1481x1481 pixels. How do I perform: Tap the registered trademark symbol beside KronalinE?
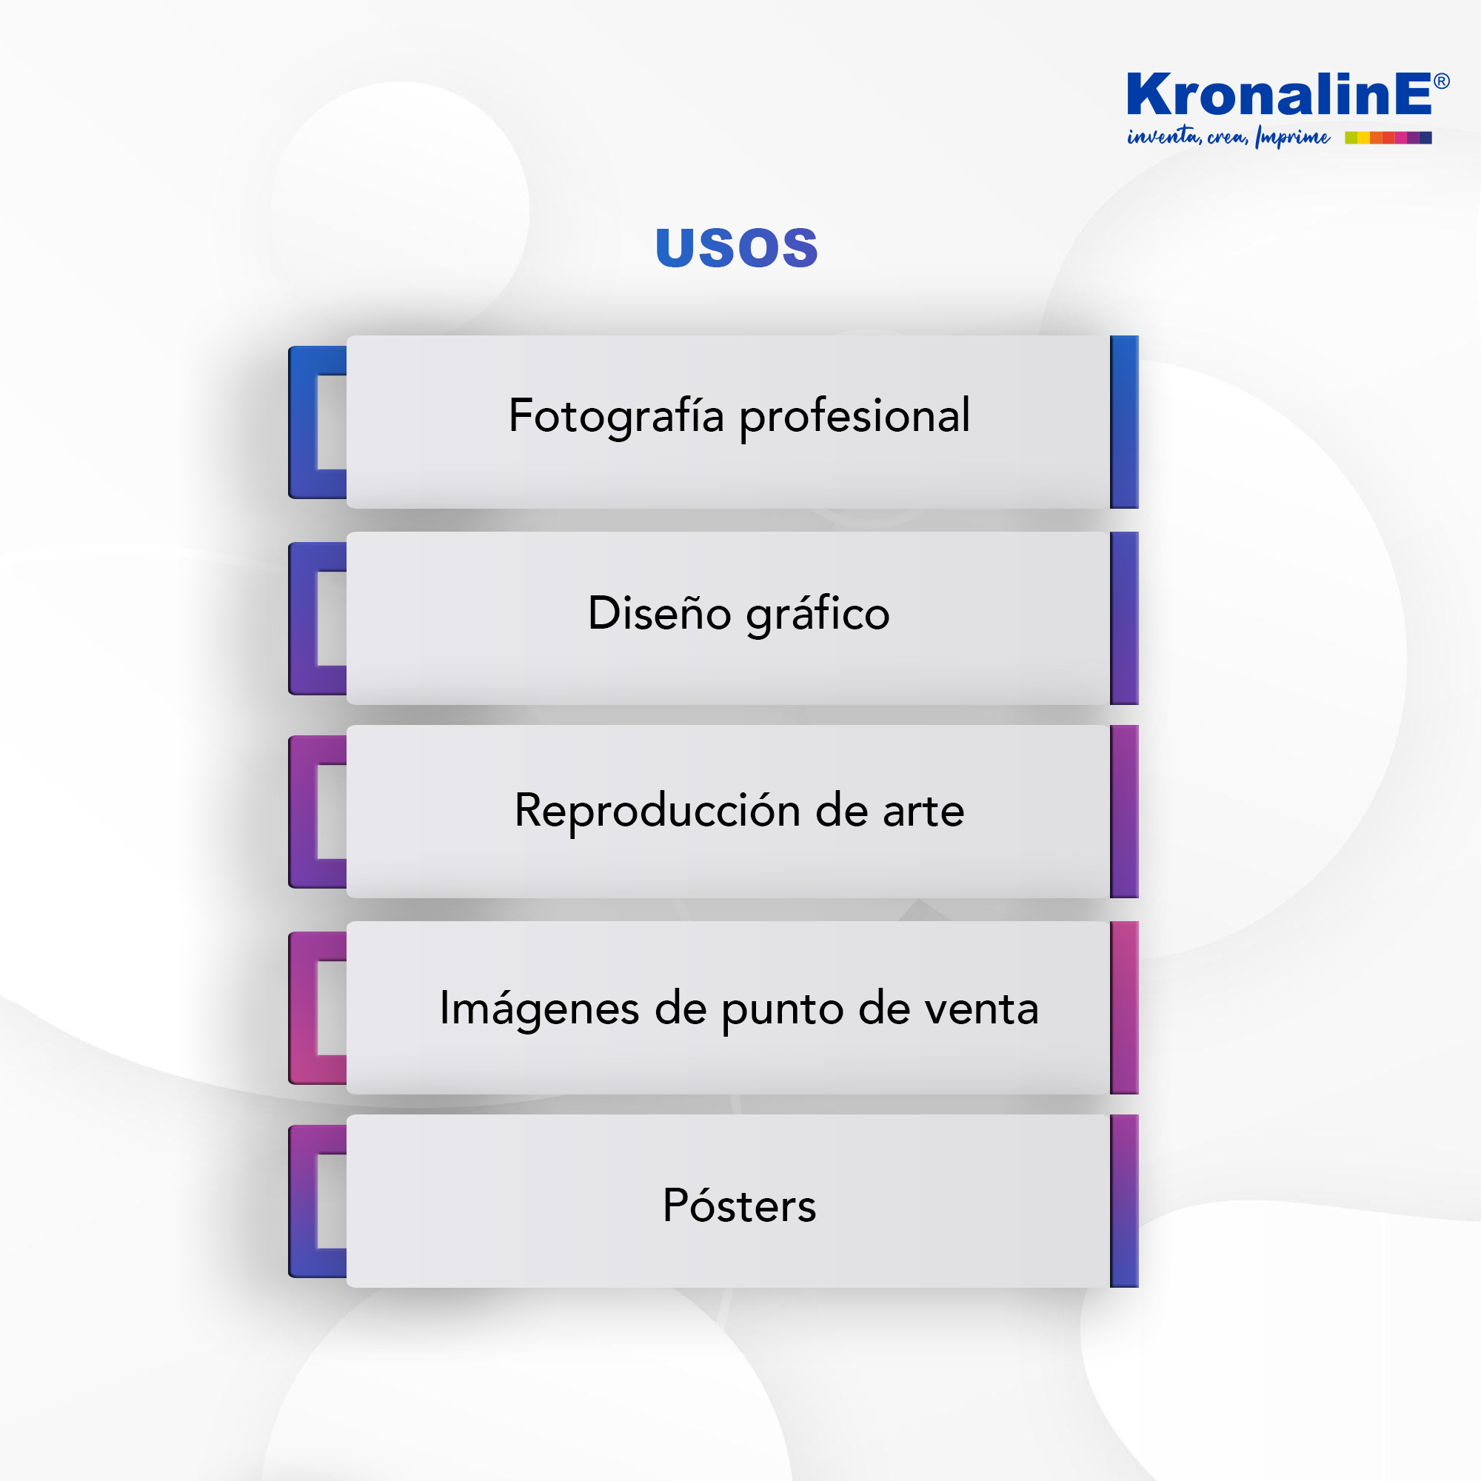(1441, 81)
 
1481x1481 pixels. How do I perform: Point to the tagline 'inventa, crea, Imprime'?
(1228, 136)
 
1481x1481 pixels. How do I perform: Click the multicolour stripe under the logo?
(1388, 138)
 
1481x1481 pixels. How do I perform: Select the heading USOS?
(737, 247)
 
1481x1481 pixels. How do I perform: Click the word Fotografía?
(616, 416)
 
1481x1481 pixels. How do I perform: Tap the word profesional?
(855, 417)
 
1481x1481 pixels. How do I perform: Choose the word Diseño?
(659, 612)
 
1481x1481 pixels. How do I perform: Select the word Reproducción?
(658, 810)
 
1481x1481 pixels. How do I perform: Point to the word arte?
(923, 812)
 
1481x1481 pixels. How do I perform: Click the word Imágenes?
(539, 1009)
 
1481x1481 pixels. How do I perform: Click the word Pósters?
(740, 1205)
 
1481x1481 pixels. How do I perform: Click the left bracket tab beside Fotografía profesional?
(303, 422)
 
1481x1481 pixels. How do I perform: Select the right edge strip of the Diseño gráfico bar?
(1124, 618)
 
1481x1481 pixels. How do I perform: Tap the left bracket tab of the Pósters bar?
(303, 1201)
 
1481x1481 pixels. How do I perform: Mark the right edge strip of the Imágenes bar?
(1124, 1007)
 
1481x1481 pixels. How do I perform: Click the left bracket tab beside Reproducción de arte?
(303, 812)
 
